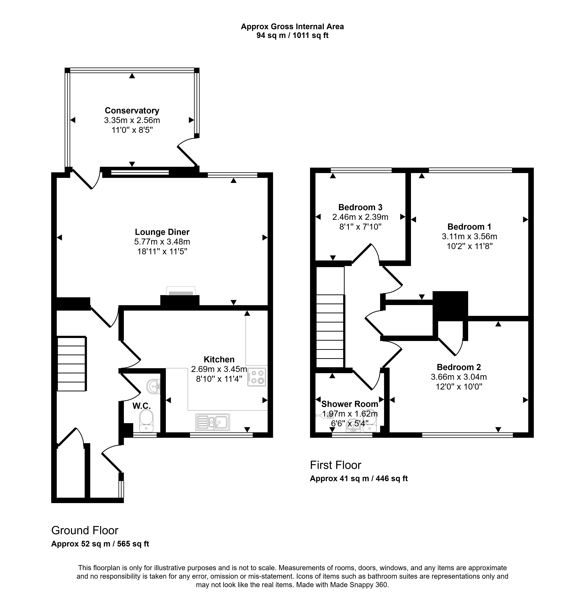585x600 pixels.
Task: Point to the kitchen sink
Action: pyautogui.click(x=212, y=422)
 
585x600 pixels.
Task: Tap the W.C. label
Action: pyautogui.click(x=142, y=406)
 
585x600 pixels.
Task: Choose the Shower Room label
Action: pyautogui.click(x=350, y=404)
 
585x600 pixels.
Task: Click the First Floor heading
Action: pyautogui.click(x=335, y=465)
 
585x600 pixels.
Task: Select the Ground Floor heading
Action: pyautogui.click(x=85, y=530)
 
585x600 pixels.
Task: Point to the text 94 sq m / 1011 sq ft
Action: pyautogui.click(x=292, y=36)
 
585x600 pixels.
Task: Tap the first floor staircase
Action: pyautogui.click(x=330, y=331)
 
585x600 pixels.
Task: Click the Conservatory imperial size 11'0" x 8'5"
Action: pyautogui.click(x=132, y=130)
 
